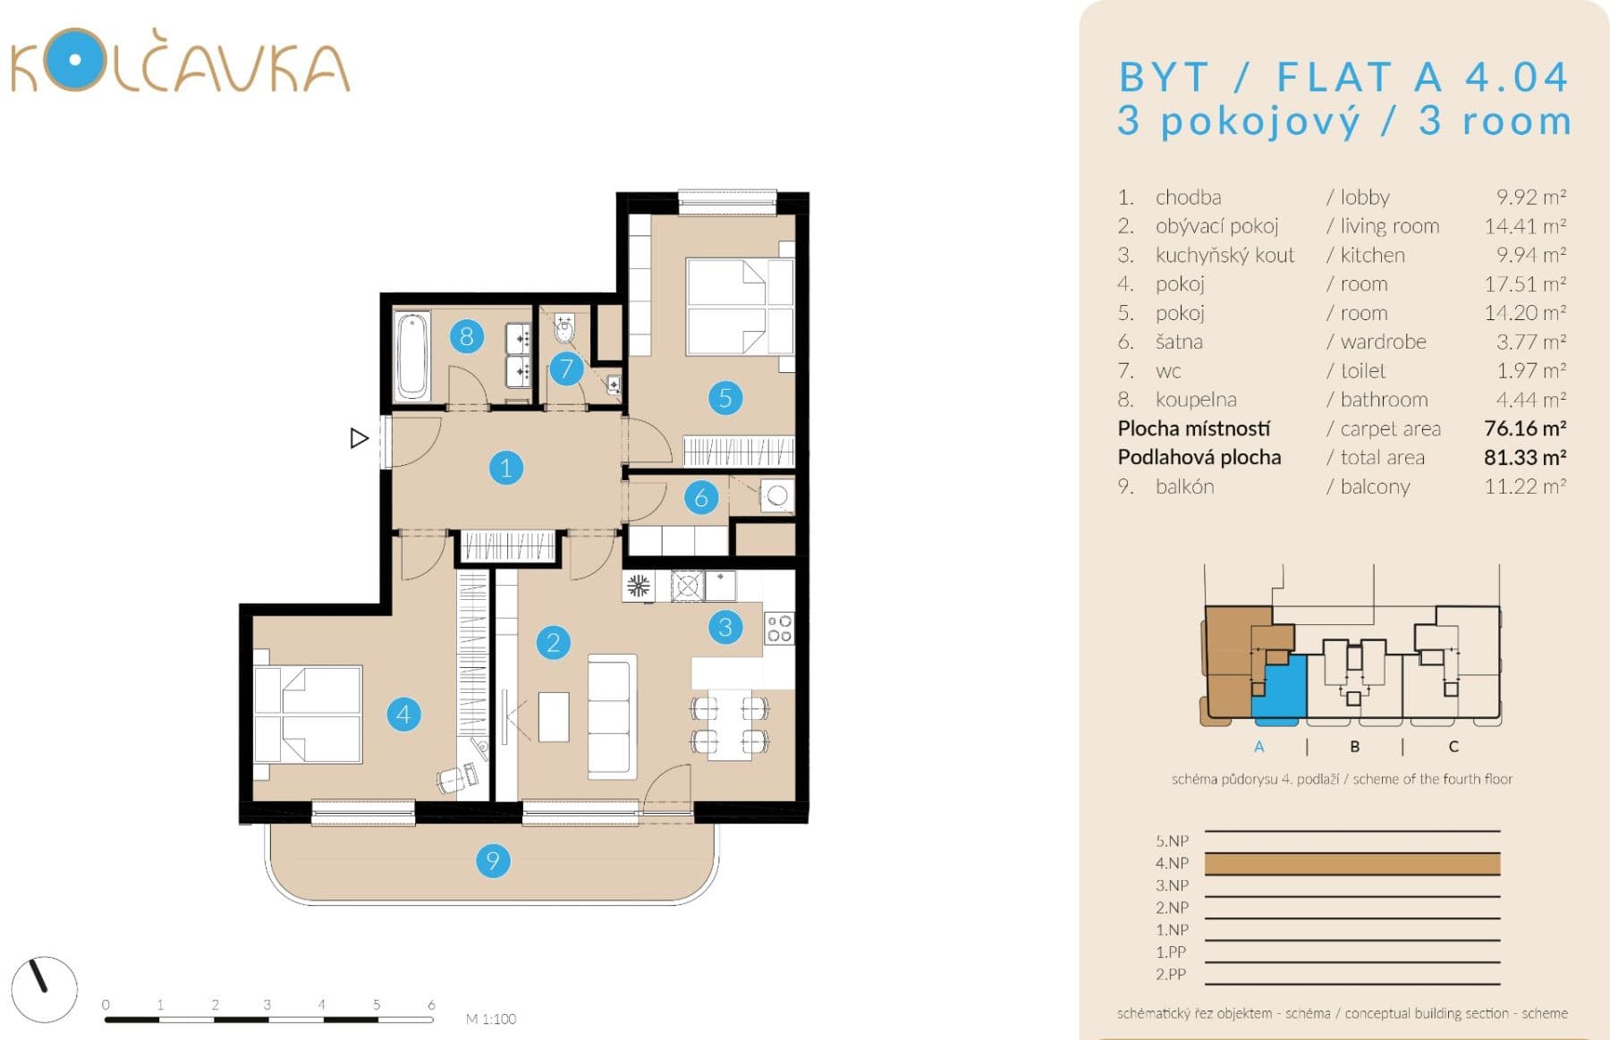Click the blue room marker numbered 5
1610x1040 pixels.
point(725,397)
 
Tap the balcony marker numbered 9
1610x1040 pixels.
point(492,861)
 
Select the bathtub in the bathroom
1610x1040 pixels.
point(412,355)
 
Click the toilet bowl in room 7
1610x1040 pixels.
point(565,330)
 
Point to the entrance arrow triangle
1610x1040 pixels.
point(359,438)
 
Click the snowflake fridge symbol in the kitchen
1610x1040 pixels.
point(638,587)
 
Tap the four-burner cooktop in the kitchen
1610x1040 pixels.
point(779,628)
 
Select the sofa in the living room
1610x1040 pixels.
point(612,715)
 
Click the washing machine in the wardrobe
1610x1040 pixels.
point(777,495)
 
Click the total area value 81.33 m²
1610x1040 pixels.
point(1524,458)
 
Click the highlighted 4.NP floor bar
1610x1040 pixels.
point(1352,864)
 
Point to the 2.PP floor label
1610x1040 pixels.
point(1171,975)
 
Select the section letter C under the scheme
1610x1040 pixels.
point(1453,747)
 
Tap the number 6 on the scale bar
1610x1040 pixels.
point(431,1004)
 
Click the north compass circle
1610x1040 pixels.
point(45,989)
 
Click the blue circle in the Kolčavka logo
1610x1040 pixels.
point(75,60)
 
